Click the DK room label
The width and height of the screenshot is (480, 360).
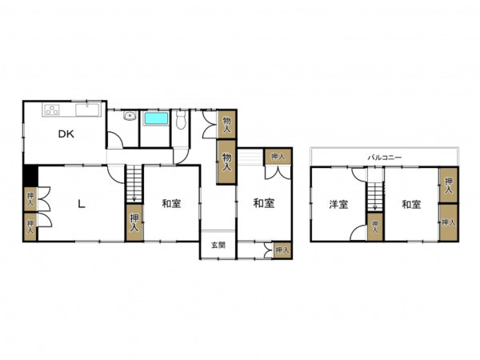tap(66, 134)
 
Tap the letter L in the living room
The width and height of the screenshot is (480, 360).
tap(81, 204)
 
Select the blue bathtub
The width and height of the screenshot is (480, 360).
tap(156, 118)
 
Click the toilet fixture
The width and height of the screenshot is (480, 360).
tap(181, 120)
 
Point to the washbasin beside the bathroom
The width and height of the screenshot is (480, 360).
tap(130, 116)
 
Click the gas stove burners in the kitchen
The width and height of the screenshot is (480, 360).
tap(52, 110)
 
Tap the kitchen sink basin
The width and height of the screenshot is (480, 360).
tap(87, 110)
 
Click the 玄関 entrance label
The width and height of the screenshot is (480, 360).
tap(218, 246)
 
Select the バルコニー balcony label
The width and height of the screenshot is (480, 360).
tap(384, 158)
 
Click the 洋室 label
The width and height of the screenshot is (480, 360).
tap(338, 205)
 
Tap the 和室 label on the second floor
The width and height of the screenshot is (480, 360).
tap(411, 205)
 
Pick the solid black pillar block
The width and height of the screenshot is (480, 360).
tap(30, 176)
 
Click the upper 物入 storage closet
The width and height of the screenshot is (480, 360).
tap(226, 124)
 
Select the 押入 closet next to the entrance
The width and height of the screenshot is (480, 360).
tap(282, 250)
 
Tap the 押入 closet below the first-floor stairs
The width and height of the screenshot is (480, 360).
tap(134, 222)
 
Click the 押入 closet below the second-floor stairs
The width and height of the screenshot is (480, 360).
tap(375, 227)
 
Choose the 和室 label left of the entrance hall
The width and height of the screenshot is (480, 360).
tap(171, 203)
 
